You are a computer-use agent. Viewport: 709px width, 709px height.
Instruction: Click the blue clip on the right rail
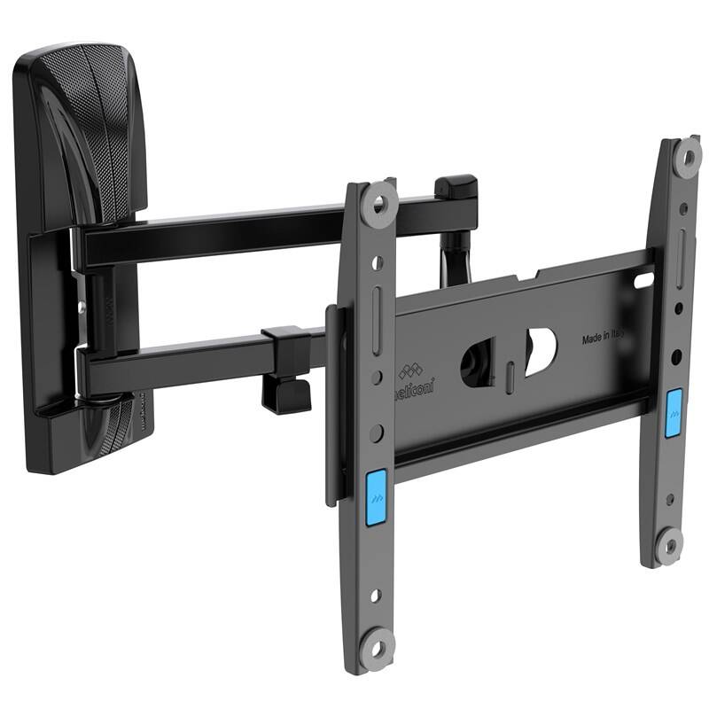point(674,412)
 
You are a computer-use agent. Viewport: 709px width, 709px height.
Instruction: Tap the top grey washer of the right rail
point(687,158)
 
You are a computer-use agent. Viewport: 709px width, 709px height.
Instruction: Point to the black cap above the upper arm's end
point(456,189)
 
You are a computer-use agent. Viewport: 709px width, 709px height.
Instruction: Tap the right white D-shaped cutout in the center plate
point(541,350)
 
